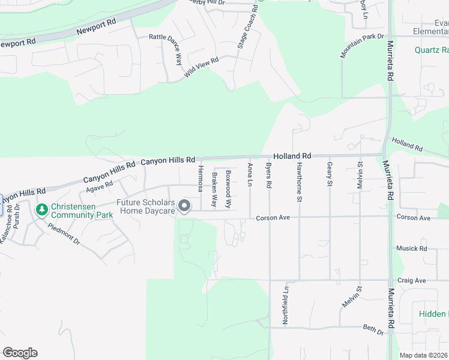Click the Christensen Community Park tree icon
click(x=41, y=209)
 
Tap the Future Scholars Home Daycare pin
click(x=184, y=206)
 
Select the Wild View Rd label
click(x=202, y=66)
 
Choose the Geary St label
click(x=330, y=174)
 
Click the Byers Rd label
click(x=269, y=173)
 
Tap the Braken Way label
click(x=214, y=182)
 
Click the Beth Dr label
click(x=373, y=329)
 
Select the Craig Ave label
click(x=411, y=280)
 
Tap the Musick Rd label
click(x=411, y=248)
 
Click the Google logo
click(x=20, y=353)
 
